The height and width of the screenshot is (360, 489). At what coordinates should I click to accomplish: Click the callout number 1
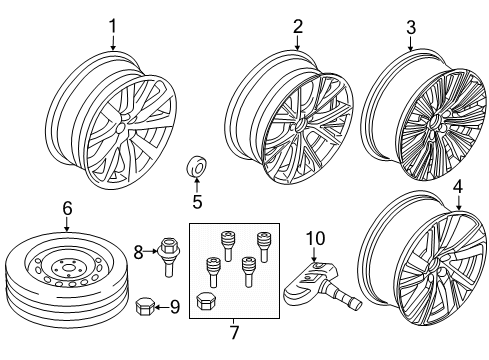pos(113,25)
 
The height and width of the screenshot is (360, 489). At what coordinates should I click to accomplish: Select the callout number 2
pos(297,26)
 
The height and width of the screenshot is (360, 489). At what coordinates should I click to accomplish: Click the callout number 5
pos(197,200)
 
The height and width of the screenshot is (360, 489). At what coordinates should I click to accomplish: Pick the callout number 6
pos(67,207)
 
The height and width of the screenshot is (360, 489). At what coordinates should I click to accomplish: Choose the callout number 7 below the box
pos(235,330)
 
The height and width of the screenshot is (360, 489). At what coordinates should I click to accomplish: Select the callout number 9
pos(174,307)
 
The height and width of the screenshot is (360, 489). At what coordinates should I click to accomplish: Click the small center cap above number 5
pos(197,166)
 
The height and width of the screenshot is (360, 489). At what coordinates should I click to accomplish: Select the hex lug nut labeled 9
pos(144,306)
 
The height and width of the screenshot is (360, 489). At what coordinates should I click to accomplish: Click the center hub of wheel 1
pos(120,129)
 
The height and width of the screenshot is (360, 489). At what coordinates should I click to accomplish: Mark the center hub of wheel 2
pos(300,127)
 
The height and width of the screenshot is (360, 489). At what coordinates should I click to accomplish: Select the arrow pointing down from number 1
pos(113,43)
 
